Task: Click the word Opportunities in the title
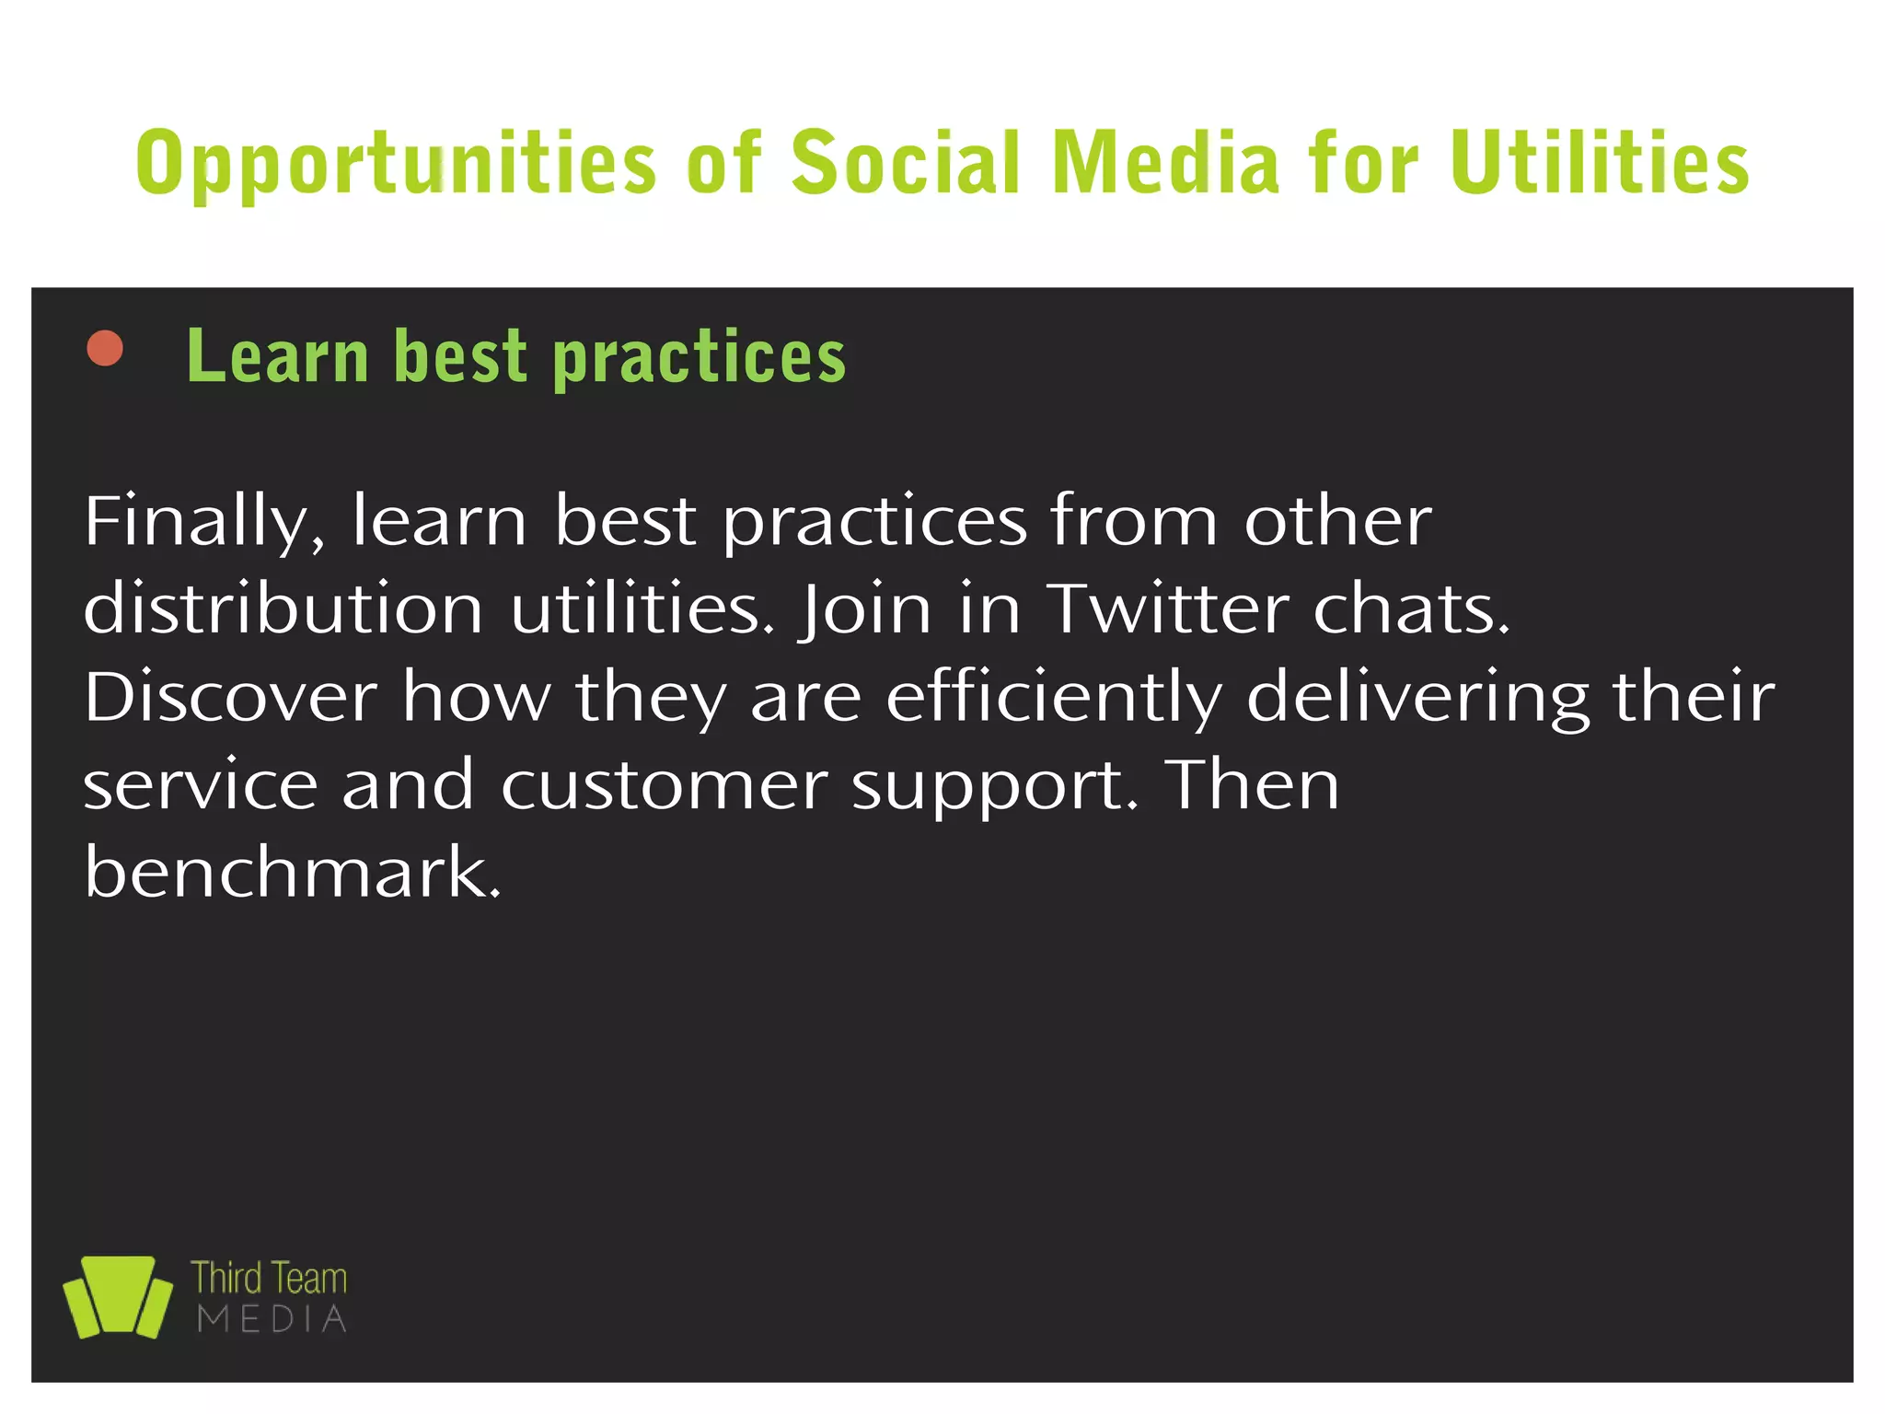(396, 164)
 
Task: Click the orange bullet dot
(105, 349)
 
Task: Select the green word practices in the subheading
(700, 358)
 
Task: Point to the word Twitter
(1168, 608)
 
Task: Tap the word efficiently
(1054, 698)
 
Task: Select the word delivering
(1417, 698)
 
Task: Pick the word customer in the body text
(664, 785)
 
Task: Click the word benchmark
(293, 872)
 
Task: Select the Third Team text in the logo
(269, 1279)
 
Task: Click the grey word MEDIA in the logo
(272, 1319)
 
